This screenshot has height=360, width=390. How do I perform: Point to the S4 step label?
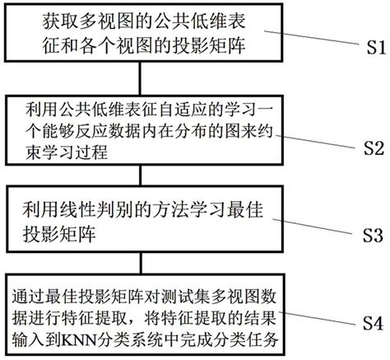371,322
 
